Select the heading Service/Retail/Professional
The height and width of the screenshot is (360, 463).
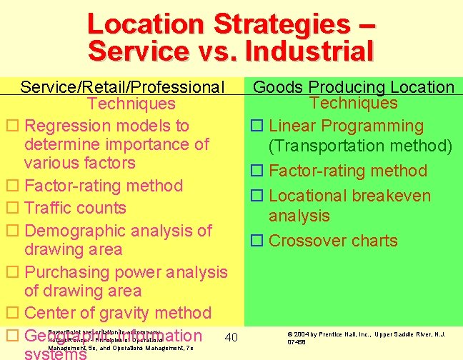[x=122, y=87]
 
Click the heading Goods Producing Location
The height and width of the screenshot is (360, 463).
[x=354, y=87]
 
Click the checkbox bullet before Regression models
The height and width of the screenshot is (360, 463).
[x=11, y=126]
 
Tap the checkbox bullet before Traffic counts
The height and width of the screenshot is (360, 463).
[x=11, y=209]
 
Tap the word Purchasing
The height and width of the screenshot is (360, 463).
[x=66, y=272]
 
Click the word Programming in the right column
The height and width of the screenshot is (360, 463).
[x=372, y=126]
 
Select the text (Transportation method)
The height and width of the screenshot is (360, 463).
[x=360, y=146]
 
